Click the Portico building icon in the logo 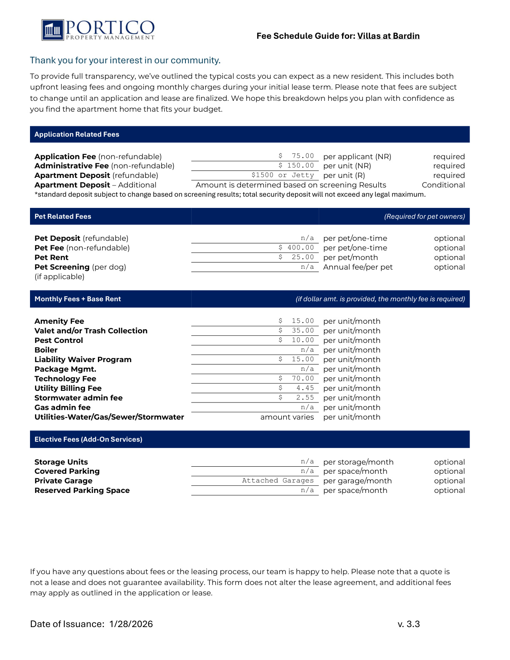pos(52,30)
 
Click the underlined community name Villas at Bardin pos(388,36)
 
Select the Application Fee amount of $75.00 pos(297,156)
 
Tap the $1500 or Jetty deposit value pos(282,175)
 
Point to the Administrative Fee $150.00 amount pos(296,165)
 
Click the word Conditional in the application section pos(443,185)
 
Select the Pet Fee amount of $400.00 pos(296,247)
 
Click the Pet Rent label pos(51,257)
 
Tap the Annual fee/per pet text pos(357,267)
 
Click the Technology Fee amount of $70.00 pos(297,378)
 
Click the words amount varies pos(287,417)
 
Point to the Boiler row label pos(46,350)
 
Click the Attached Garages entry pos(277,480)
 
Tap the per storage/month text pos(358,462)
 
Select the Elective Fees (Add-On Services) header pos(88,440)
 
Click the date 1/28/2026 pos(131,624)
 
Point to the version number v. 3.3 pos(408,624)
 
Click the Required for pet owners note pos(424,217)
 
